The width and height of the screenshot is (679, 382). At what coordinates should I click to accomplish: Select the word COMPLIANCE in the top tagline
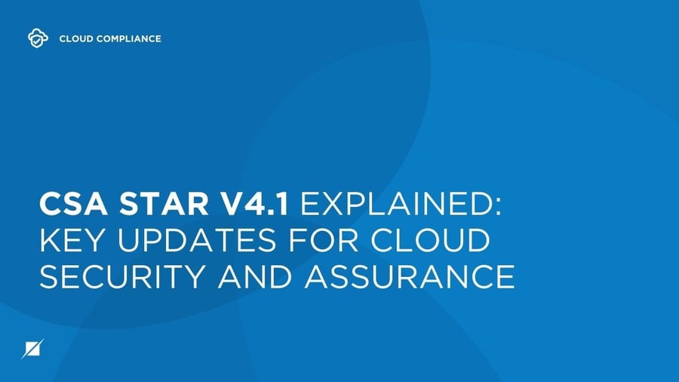point(128,38)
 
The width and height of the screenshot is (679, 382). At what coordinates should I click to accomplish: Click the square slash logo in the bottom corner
point(34,349)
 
